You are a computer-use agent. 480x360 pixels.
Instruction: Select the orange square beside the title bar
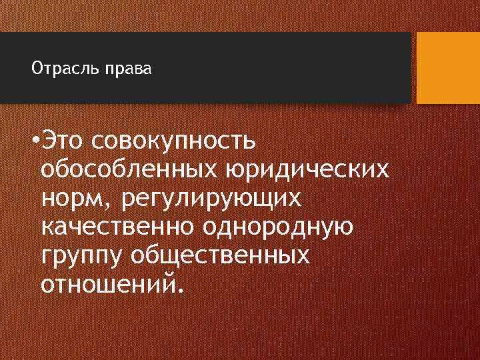pyautogui.click(x=448, y=68)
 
